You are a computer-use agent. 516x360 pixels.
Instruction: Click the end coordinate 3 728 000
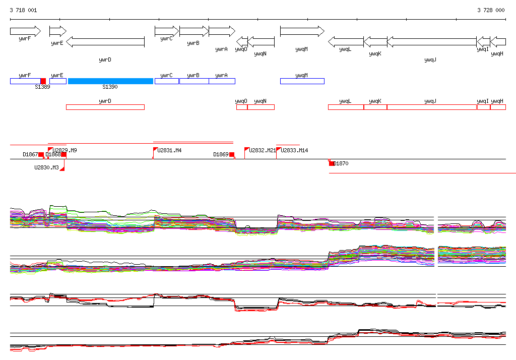click(491, 10)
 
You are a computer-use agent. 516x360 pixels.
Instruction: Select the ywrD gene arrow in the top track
click(105, 42)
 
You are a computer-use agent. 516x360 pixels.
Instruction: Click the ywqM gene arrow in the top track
click(302, 31)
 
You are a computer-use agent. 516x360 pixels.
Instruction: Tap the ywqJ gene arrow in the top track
click(431, 42)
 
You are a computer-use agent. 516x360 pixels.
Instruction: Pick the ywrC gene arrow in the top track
click(166, 31)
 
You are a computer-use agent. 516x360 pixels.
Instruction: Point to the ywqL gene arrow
click(346, 42)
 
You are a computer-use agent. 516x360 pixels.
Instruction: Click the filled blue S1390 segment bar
click(110, 81)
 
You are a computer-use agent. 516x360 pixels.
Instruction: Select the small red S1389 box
click(43, 81)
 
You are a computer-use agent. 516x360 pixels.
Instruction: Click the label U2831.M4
click(170, 151)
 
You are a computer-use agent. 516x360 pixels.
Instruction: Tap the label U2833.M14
click(294, 151)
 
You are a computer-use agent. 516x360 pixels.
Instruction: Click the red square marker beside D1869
click(232, 155)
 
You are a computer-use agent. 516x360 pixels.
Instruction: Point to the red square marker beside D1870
click(331, 163)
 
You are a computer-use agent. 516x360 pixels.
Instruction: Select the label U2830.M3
click(46, 167)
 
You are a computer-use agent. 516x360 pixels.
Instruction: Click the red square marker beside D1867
click(41, 155)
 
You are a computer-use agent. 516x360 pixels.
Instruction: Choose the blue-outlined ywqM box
click(302, 81)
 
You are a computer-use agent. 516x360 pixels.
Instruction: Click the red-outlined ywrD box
click(105, 107)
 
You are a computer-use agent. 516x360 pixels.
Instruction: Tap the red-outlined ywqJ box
click(431, 107)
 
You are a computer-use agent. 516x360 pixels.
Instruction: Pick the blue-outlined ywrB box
click(193, 81)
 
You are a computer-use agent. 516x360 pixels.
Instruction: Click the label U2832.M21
click(263, 151)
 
